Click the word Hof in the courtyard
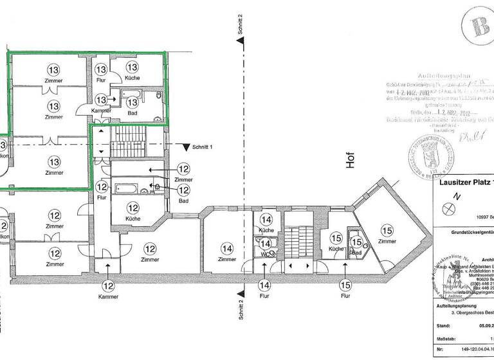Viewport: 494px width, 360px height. tap(351, 160)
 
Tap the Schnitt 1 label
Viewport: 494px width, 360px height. tap(203, 147)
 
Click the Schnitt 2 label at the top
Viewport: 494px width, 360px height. tap(239, 23)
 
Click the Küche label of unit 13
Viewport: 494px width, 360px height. tap(132, 78)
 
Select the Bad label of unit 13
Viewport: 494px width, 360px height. tap(132, 113)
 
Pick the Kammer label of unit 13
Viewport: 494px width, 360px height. tap(101, 111)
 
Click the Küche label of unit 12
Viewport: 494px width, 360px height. tap(133, 219)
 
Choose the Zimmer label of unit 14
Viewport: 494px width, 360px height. tap(226, 259)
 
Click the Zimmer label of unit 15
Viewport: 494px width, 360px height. tap(387, 241)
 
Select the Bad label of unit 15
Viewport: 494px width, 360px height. tap(357, 253)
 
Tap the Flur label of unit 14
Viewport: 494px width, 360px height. tap(264, 297)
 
